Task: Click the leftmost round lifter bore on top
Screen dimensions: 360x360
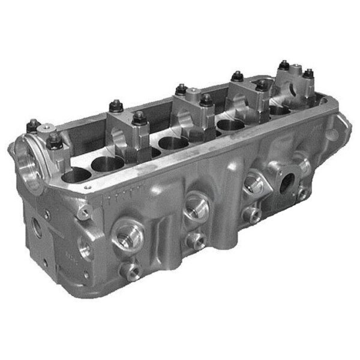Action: tap(76, 176)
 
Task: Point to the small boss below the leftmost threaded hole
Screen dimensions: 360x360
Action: tap(129, 270)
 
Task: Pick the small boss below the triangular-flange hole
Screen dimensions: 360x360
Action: tap(253, 214)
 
